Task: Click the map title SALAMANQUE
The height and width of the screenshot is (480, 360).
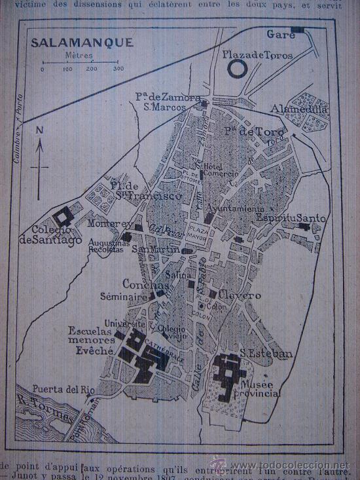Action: click(x=82, y=43)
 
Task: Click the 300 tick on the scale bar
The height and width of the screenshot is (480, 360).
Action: click(x=118, y=68)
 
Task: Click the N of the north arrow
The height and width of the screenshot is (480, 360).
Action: click(x=39, y=130)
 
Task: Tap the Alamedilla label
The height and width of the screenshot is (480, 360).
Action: click(x=291, y=109)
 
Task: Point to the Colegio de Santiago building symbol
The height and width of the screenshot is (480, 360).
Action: click(x=64, y=216)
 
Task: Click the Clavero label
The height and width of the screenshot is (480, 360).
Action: click(x=240, y=295)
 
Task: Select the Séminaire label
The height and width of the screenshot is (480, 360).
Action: click(x=124, y=297)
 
